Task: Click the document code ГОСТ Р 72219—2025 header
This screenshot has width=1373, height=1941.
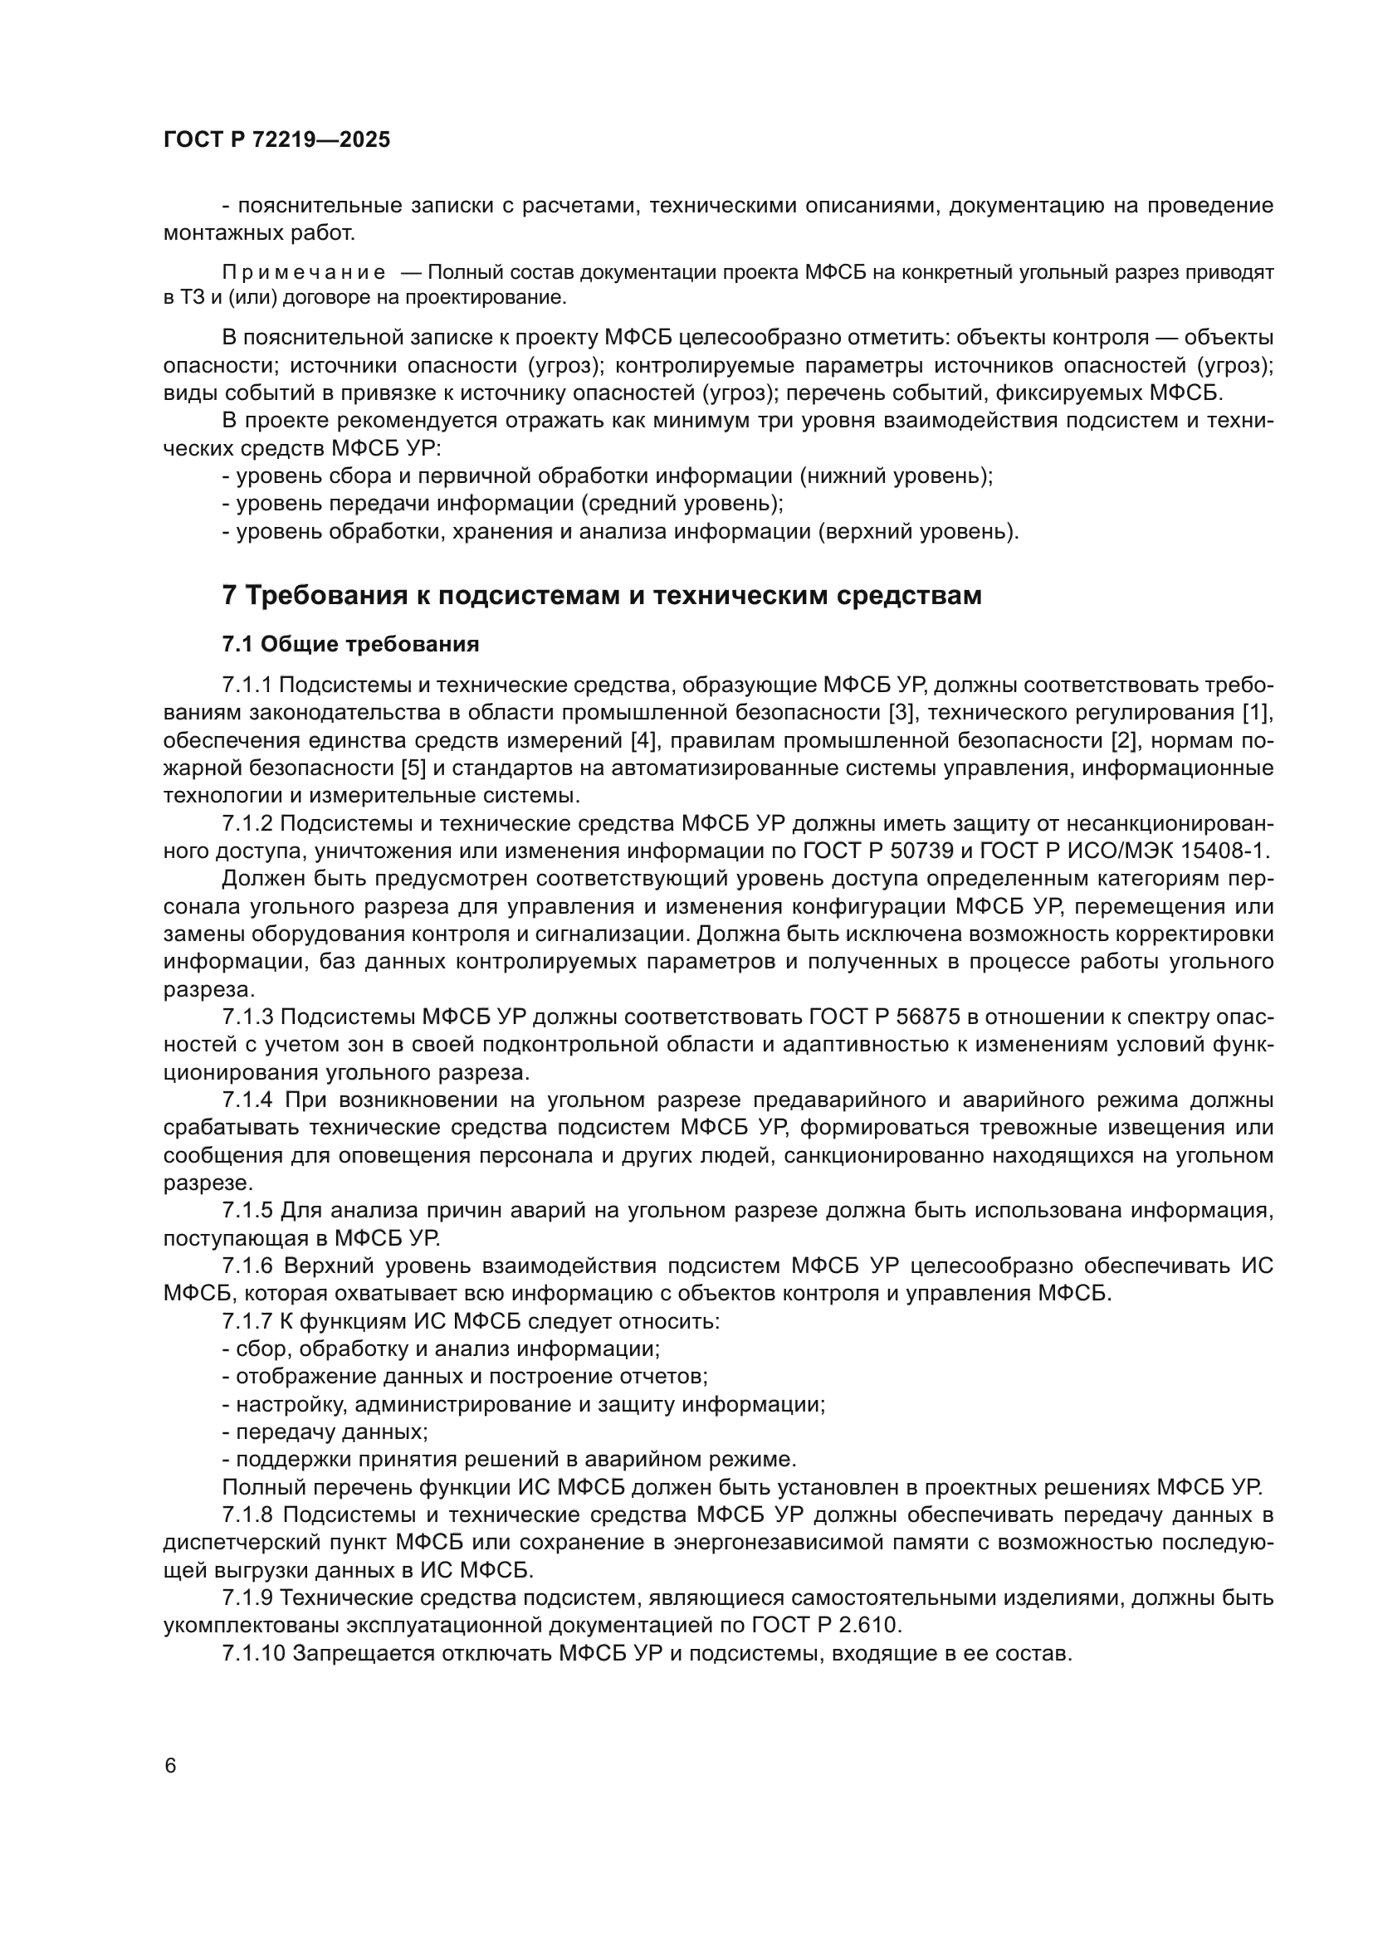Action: tap(276, 139)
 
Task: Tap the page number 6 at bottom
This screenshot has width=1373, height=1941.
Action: tap(171, 1766)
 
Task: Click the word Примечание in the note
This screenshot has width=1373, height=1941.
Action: tap(304, 273)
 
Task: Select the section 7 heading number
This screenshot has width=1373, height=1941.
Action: tap(229, 596)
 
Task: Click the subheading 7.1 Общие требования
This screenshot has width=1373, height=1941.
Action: tap(350, 644)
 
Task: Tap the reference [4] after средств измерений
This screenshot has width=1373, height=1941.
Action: tap(644, 740)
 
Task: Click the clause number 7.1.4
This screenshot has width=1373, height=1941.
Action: tap(247, 1100)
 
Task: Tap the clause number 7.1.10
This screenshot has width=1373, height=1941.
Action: tap(254, 1653)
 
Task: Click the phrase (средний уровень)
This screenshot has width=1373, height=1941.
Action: tap(682, 504)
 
